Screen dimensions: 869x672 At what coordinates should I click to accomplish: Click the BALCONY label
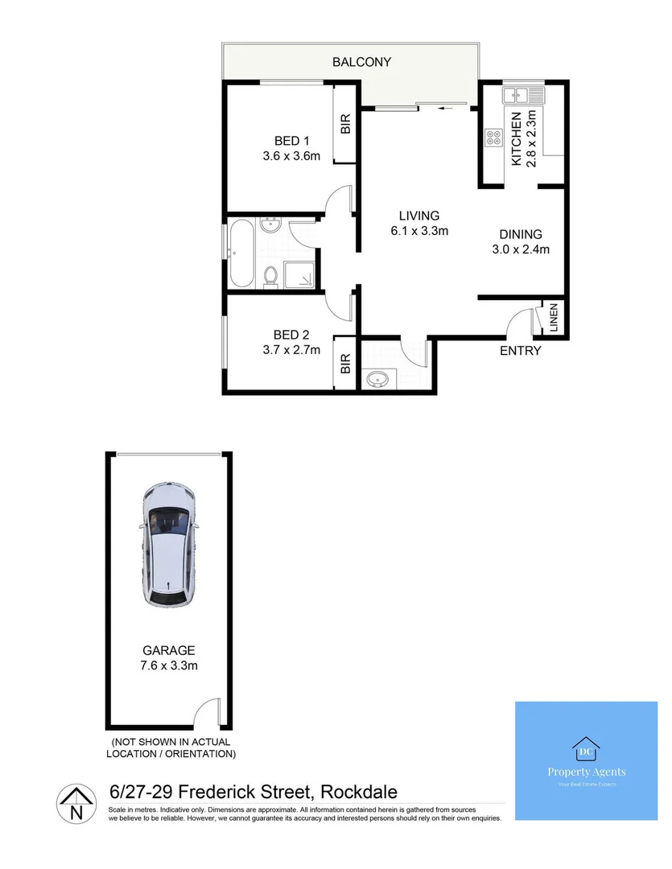361,62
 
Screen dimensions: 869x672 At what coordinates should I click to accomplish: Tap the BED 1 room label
291,139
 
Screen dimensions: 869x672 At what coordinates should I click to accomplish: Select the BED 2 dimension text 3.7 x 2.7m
291,349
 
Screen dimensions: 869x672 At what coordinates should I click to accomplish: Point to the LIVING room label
419,216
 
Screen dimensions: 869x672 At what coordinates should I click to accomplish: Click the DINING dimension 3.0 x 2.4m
521,249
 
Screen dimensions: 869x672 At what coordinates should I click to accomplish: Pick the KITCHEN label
517,139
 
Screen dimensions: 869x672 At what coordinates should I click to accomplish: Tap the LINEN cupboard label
554,318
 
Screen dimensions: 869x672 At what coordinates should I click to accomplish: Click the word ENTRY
521,351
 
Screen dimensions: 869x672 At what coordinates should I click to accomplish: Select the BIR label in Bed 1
346,125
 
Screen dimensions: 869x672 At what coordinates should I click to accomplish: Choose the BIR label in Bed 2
345,364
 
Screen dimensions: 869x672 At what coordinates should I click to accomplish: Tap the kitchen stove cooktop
492,138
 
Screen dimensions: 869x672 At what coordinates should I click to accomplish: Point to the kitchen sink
522,96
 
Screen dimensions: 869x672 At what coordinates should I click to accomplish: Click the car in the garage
169,544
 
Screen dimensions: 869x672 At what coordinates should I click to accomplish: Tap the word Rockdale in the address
359,792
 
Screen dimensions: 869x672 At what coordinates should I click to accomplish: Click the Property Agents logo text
586,772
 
